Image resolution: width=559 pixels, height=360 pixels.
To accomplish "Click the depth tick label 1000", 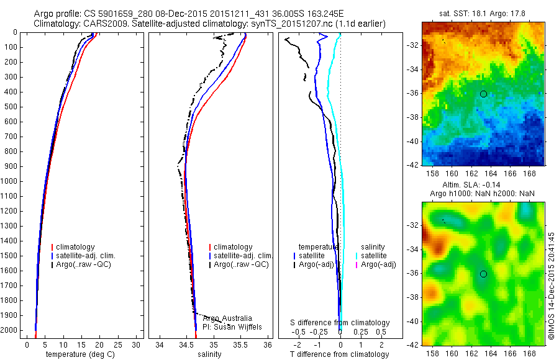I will pos(11,181).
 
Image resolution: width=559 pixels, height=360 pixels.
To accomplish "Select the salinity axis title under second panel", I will pos(209,354).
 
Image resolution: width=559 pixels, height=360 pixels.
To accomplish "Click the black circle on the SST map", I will pos(483,94).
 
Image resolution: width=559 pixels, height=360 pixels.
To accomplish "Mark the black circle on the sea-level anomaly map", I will pos(483,274).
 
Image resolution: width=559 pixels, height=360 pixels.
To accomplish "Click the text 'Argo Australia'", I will pos(228,318).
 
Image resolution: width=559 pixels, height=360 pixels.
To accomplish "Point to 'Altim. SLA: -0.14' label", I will pos(481,185).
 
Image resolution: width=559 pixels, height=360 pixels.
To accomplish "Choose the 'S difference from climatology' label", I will pos(340,323).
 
